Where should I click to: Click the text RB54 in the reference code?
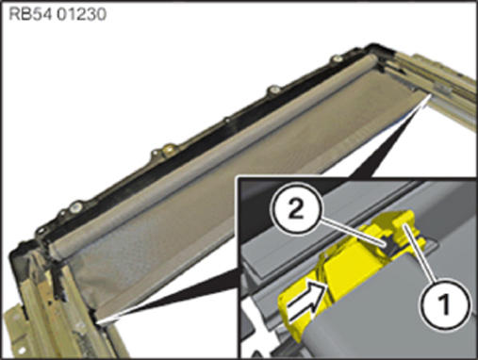point(30,14)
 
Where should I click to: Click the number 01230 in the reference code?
point(82,14)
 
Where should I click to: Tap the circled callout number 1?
point(444,304)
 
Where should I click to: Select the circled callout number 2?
point(295,209)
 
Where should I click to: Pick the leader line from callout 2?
point(352,232)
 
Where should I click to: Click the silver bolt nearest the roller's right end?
point(338,58)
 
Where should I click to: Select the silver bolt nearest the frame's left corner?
point(76,206)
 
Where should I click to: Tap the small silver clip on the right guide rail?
point(442,90)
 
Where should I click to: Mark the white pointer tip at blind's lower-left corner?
point(98,322)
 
